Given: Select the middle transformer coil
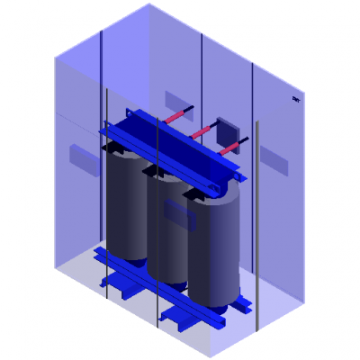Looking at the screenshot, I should [x=166, y=225].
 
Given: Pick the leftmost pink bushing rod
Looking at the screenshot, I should [x=177, y=115].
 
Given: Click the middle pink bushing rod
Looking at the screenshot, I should [x=203, y=131].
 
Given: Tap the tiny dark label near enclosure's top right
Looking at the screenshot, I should [x=296, y=99].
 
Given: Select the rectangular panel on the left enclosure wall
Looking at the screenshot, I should [x=85, y=159].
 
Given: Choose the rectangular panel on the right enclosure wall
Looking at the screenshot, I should [x=274, y=160].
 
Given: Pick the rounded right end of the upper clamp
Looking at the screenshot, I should [x=216, y=184].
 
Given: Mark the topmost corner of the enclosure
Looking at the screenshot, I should [x=148, y=4].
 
